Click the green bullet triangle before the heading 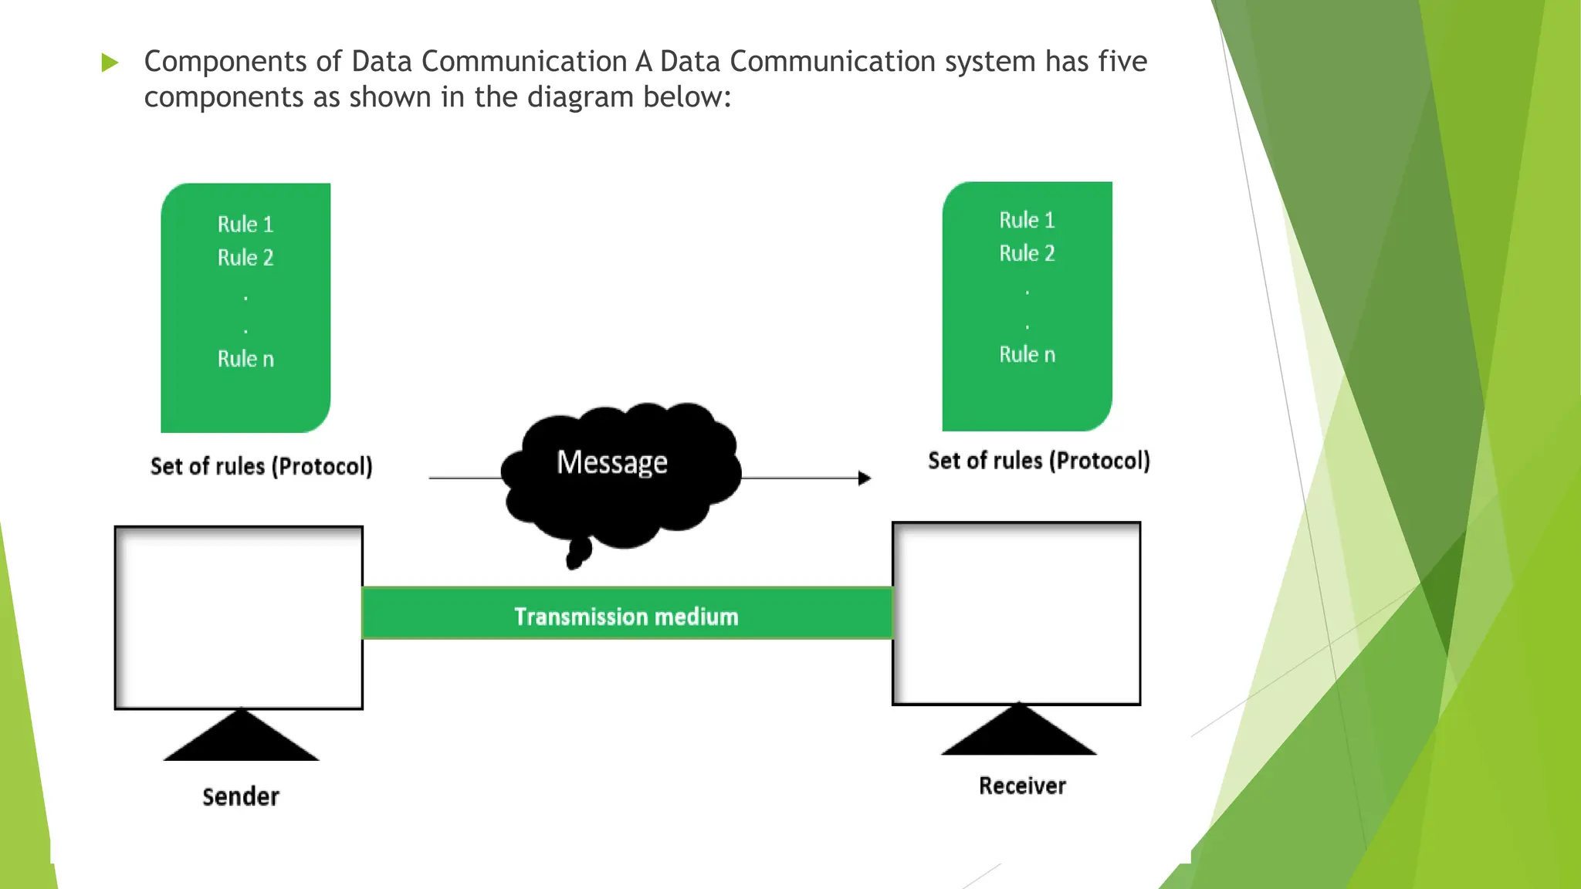coord(110,63)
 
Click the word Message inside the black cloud coord(611,462)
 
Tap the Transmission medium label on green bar coord(626,617)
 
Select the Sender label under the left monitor coord(241,796)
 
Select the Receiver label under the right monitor coord(1022,786)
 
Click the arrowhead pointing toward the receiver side coord(865,478)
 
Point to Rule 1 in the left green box coord(245,225)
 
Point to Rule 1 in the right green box coord(1027,220)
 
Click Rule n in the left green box coord(245,359)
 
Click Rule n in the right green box coord(1027,354)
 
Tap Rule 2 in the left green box coord(245,258)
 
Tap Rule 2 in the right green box coord(1027,253)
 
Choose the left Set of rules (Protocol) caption coord(261,466)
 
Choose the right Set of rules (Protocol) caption coord(1038,461)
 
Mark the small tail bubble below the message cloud coord(577,553)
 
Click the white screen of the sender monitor coord(239,617)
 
